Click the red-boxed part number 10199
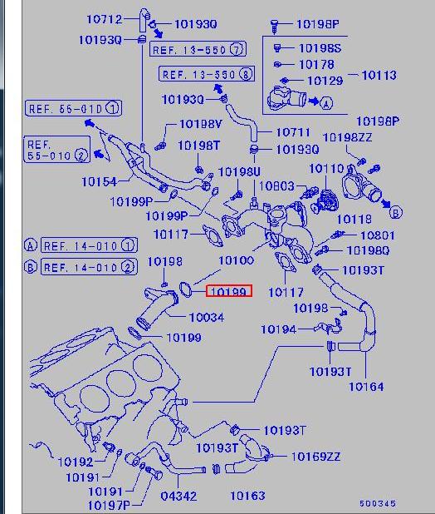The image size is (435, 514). pyautogui.click(x=228, y=291)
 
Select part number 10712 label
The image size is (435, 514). pyautogui.click(x=105, y=19)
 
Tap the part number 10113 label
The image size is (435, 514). pyautogui.click(x=379, y=76)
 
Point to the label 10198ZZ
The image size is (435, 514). pyautogui.click(x=347, y=137)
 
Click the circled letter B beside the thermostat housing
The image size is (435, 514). pyautogui.click(x=396, y=212)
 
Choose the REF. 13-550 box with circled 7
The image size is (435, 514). pyautogui.click(x=198, y=50)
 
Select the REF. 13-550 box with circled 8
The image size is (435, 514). pyautogui.click(x=207, y=74)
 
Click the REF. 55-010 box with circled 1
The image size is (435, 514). pyautogui.click(x=74, y=108)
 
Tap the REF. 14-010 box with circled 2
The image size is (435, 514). pyautogui.click(x=90, y=267)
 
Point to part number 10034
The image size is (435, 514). pyautogui.click(x=207, y=318)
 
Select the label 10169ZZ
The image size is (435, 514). pyautogui.click(x=315, y=457)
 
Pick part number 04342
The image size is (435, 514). pyautogui.click(x=178, y=496)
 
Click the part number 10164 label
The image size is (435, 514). pyautogui.click(x=366, y=387)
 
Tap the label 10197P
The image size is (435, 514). pyautogui.click(x=109, y=506)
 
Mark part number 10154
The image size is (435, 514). pyautogui.click(x=99, y=181)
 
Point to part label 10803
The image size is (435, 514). pyautogui.click(x=276, y=186)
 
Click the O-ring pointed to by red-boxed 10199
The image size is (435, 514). pyautogui.click(x=186, y=289)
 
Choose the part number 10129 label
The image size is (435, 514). pyautogui.click(x=325, y=81)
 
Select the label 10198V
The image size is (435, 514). pyautogui.click(x=201, y=124)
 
